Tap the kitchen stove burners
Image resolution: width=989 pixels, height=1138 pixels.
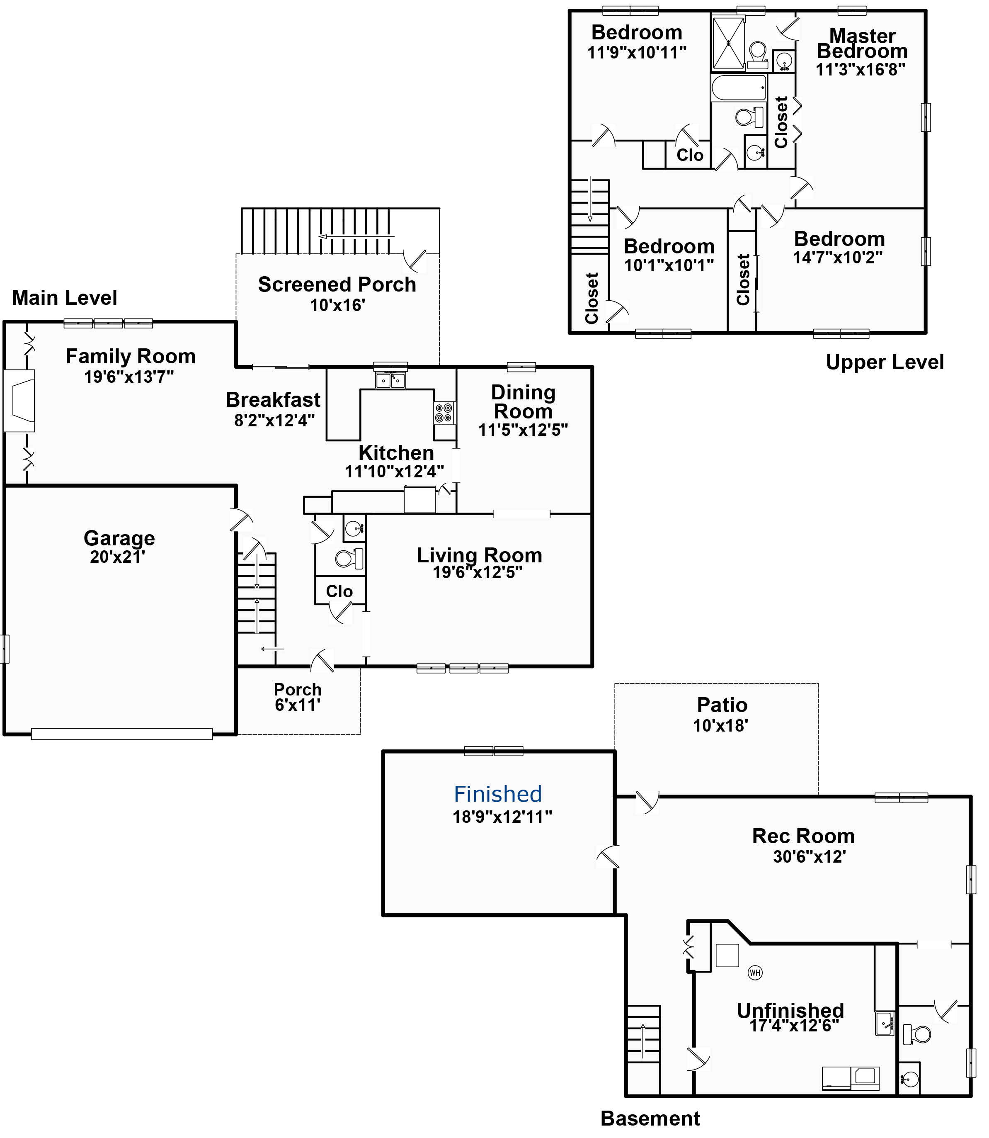444,413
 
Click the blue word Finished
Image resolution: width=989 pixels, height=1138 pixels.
497,794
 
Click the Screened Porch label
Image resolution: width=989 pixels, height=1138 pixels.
337,284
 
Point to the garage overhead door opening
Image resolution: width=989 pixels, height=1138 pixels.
121,734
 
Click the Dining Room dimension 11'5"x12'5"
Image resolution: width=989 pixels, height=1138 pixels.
523,430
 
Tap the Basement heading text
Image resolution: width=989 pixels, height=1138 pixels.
650,1118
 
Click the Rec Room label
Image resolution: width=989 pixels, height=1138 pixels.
802,836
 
